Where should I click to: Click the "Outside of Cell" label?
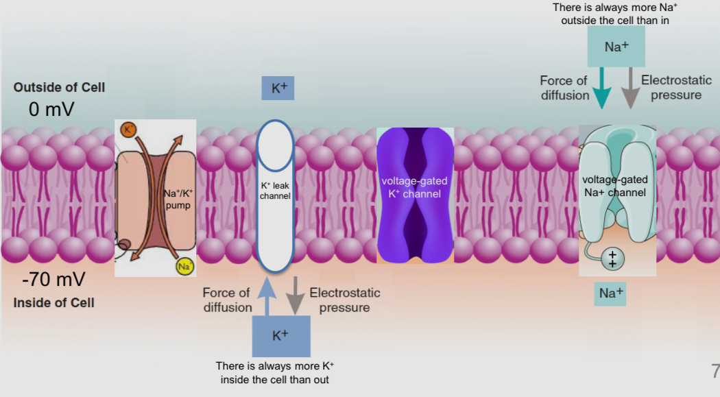click(59, 88)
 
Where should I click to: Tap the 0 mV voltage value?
click(51, 110)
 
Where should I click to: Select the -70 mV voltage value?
click(53, 280)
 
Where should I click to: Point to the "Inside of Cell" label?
click(53, 302)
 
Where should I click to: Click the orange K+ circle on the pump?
click(127, 130)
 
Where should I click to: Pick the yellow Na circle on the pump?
click(183, 267)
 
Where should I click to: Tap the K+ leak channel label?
click(275, 191)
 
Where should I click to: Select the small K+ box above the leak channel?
click(278, 88)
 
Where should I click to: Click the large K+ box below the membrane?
click(280, 335)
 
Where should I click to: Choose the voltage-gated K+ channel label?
click(414, 187)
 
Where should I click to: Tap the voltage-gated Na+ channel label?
click(614, 186)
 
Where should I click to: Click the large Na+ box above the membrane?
click(616, 47)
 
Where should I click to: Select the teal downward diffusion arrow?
click(601, 87)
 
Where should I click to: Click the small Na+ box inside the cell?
click(611, 293)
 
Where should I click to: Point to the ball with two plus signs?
click(613, 259)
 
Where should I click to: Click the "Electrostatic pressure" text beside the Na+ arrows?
click(676, 88)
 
